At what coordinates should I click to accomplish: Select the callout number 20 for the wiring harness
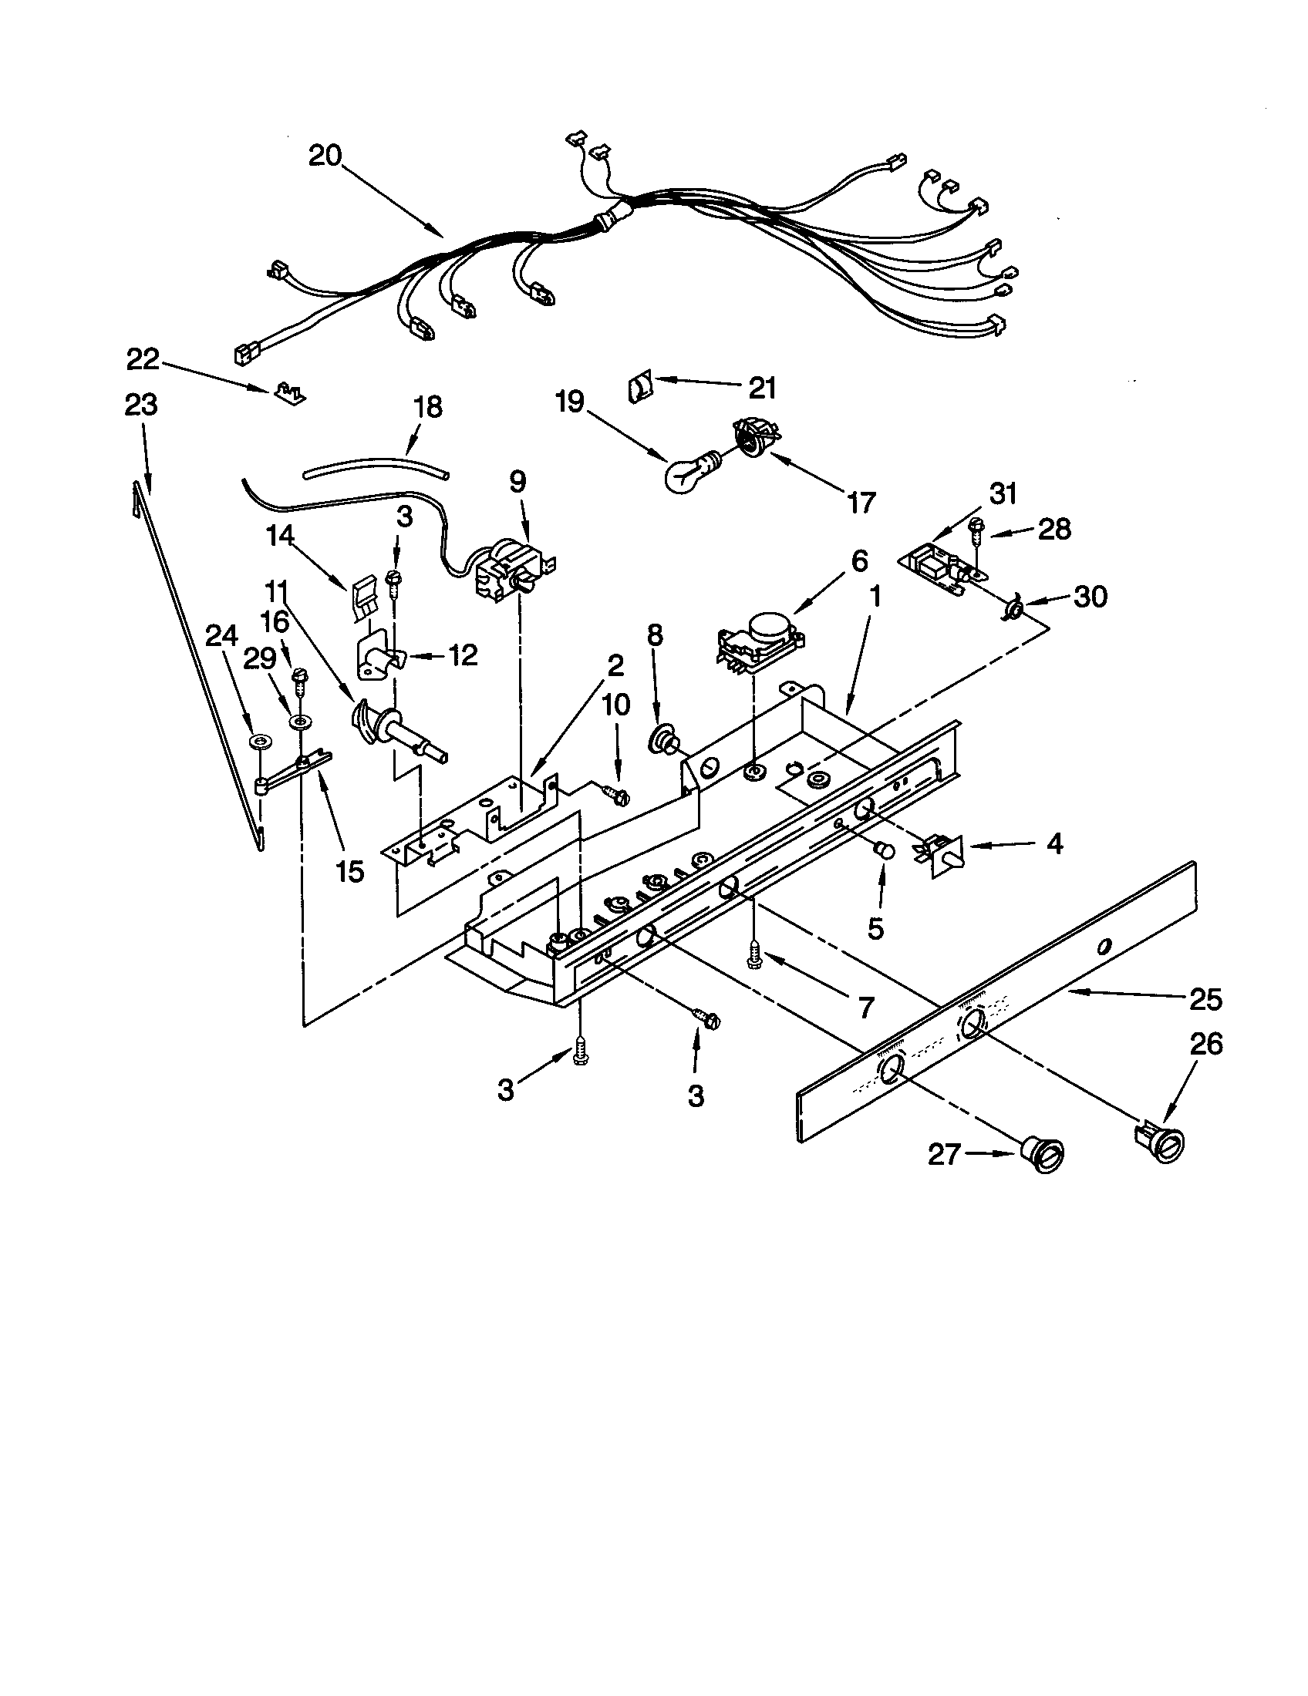(325, 156)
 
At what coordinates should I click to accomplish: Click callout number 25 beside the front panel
(1205, 998)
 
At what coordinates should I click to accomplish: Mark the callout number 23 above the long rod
(140, 405)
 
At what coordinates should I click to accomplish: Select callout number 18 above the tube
(428, 406)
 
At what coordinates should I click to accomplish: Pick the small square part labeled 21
(639, 387)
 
